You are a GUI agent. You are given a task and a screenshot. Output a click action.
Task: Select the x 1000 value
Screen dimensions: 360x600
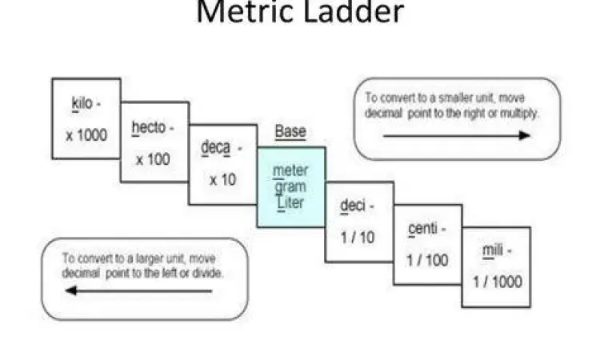pos(86,135)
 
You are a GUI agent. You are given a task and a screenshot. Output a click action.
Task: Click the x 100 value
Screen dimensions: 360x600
pos(153,159)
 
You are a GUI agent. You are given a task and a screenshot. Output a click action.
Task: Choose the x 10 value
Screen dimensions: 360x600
pos(223,180)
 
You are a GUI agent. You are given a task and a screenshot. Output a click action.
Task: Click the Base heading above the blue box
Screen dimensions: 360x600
pos(290,132)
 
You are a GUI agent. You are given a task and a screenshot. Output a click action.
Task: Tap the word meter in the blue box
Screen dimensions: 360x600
pos(291,170)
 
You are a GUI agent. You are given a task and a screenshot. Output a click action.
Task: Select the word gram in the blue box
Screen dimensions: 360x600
pos(290,187)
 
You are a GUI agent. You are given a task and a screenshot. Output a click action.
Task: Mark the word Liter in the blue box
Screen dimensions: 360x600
pos(290,203)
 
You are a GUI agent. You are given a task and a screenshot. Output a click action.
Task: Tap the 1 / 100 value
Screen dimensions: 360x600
pos(427,261)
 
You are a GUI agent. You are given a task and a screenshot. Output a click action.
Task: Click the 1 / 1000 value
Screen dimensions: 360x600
pos(496,282)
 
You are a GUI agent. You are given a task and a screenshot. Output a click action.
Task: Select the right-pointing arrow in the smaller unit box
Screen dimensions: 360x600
pos(456,136)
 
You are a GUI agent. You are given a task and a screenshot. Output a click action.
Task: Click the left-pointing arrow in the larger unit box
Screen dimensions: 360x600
pos(138,290)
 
